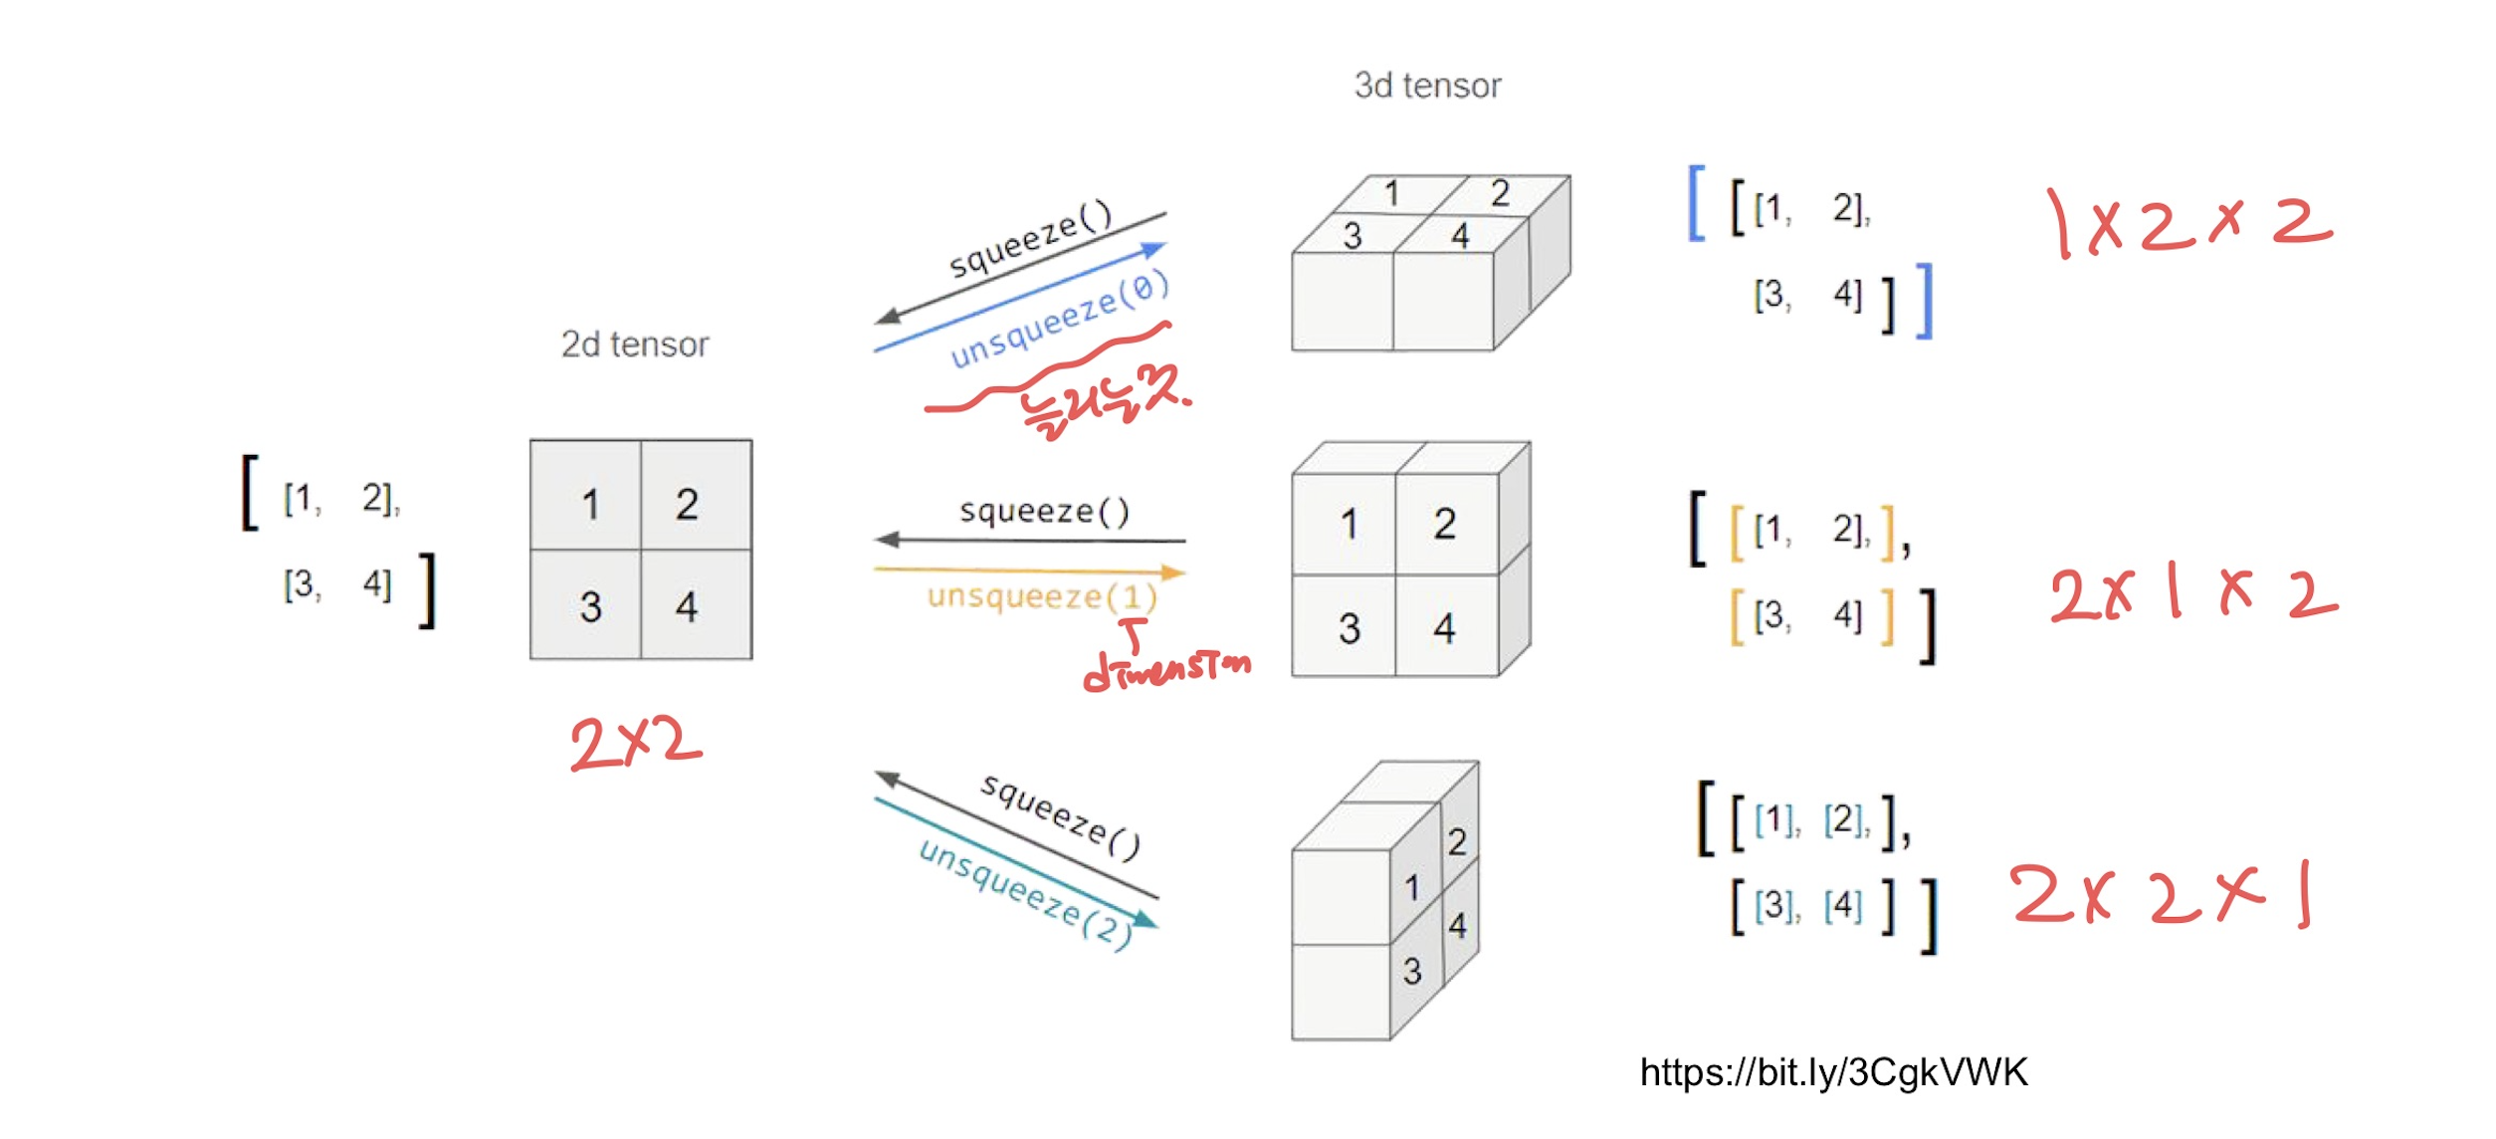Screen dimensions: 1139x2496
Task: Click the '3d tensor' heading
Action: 1427,86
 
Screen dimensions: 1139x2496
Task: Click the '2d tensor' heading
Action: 635,344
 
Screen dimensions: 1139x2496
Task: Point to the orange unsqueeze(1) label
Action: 1042,596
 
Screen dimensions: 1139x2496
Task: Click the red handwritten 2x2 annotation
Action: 635,744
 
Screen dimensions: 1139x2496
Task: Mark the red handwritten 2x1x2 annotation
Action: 2192,594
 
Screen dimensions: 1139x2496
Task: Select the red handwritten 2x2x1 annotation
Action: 2160,894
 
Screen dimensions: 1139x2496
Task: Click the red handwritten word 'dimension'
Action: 1166,669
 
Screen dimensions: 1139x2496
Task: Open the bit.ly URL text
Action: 1833,1072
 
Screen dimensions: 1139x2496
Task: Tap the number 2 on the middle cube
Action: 1445,525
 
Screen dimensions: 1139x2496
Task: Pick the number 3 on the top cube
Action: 1352,236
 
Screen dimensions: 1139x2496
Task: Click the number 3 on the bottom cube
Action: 1411,971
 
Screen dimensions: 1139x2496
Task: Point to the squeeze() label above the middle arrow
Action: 1044,512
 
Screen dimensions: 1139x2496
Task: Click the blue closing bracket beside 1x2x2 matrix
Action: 1925,302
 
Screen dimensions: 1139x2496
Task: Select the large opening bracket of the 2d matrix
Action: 250,493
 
